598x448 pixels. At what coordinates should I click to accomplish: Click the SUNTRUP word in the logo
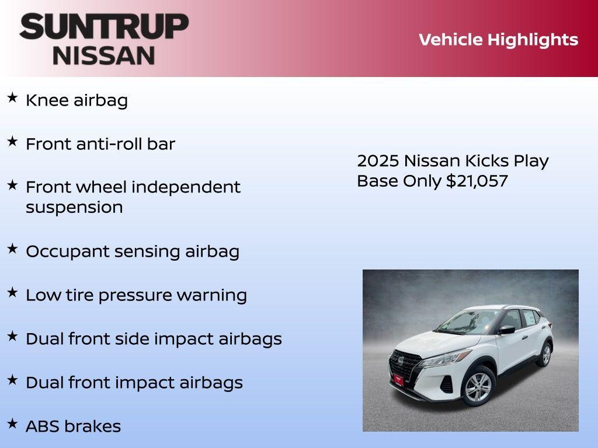point(104,26)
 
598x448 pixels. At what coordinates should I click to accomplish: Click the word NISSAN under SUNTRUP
point(104,55)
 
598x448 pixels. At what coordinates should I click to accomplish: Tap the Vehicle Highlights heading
point(498,40)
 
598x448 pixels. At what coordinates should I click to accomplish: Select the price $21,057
point(477,181)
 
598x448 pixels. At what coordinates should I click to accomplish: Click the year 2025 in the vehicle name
point(377,161)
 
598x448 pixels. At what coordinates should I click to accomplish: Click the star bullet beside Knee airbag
point(12,98)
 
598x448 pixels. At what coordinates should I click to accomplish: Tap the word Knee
point(47,100)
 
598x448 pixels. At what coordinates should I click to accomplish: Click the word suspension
point(74,208)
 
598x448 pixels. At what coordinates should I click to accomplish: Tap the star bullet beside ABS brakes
point(12,423)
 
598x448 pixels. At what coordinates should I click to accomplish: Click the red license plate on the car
point(398,380)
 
